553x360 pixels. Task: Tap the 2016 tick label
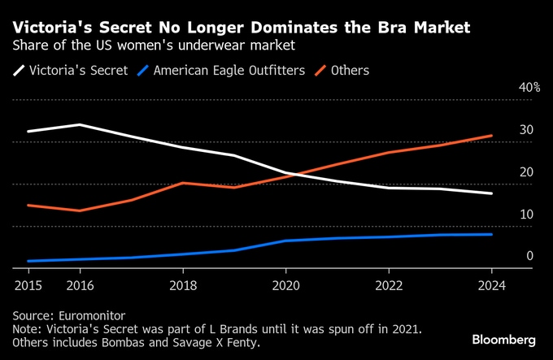click(79, 285)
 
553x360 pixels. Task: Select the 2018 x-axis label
click(182, 285)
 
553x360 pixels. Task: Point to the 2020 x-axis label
click(285, 285)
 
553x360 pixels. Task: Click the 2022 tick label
click(389, 285)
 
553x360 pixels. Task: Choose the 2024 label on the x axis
click(491, 285)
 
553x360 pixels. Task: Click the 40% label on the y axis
click(529, 88)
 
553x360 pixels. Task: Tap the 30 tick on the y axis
click(526, 130)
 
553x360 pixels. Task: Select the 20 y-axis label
click(526, 172)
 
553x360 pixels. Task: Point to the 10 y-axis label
click(526, 215)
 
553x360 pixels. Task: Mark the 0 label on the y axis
click(529, 257)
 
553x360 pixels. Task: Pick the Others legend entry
click(351, 71)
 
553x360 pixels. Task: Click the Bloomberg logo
click(503, 338)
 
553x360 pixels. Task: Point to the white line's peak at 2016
click(79, 124)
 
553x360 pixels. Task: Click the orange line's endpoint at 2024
click(491, 136)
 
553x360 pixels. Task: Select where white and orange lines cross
click(297, 175)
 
